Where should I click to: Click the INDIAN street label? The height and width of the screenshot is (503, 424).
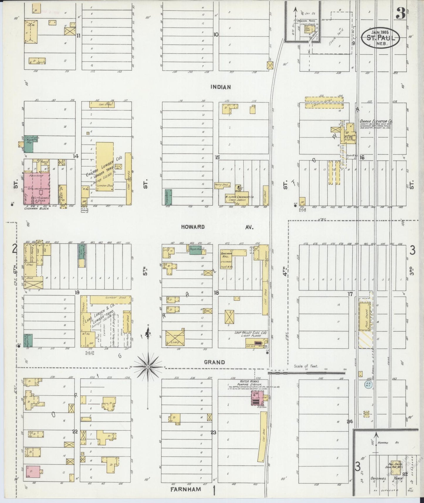pyautogui.click(x=221, y=87)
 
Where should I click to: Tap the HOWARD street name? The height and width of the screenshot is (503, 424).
pyautogui.click(x=192, y=227)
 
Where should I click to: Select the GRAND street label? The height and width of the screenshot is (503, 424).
pyautogui.click(x=214, y=362)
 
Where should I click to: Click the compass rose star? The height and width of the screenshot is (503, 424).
pyautogui.click(x=148, y=367)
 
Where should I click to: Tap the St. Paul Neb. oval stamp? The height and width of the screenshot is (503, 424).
pyautogui.click(x=380, y=38)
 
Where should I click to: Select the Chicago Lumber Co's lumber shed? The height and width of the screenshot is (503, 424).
pyautogui.click(x=105, y=167)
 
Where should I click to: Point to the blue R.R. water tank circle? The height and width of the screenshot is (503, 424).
pyautogui.click(x=368, y=384)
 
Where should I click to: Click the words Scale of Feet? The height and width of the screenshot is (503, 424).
pyautogui.click(x=306, y=366)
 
